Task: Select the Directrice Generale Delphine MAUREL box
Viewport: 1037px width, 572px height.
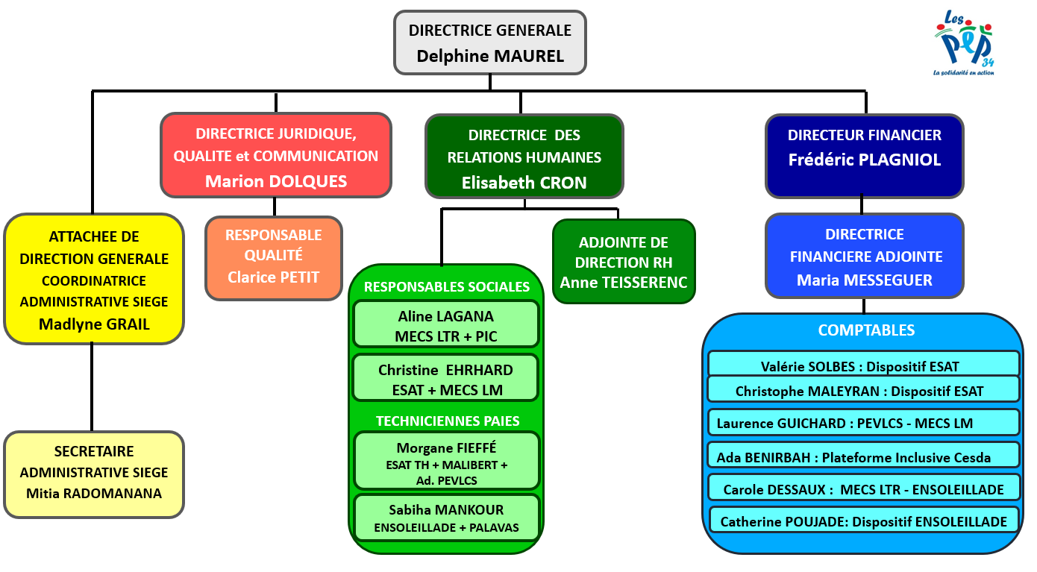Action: [x=490, y=43]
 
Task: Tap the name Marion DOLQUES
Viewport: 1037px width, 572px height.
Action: [x=276, y=181]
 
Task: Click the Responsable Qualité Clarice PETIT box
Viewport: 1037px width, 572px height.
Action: [x=274, y=257]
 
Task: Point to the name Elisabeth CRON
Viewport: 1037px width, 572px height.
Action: [x=524, y=183]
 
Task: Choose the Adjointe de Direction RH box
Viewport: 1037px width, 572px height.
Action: [x=624, y=262]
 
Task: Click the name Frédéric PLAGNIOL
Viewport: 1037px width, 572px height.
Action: [x=865, y=160]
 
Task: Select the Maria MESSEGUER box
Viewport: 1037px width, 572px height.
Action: [x=865, y=257]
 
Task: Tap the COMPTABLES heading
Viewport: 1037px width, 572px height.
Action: [x=865, y=330]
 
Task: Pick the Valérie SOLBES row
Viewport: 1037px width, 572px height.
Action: [x=863, y=365]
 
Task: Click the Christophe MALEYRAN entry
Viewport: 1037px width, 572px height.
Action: [x=863, y=390]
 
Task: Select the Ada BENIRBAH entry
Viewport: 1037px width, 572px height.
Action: [x=863, y=456]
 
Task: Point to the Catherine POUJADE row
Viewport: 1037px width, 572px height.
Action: [x=863, y=521]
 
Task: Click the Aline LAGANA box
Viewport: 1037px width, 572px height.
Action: [x=446, y=325]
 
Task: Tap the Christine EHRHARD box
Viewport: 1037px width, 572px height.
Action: [x=446, y=379]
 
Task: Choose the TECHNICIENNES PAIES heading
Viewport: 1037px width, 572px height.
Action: [x=447, y=421]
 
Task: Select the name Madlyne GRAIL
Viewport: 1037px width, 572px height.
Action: [x=94, y=324]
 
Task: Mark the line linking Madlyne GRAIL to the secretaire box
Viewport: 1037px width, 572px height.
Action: [x=92, y=388]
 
